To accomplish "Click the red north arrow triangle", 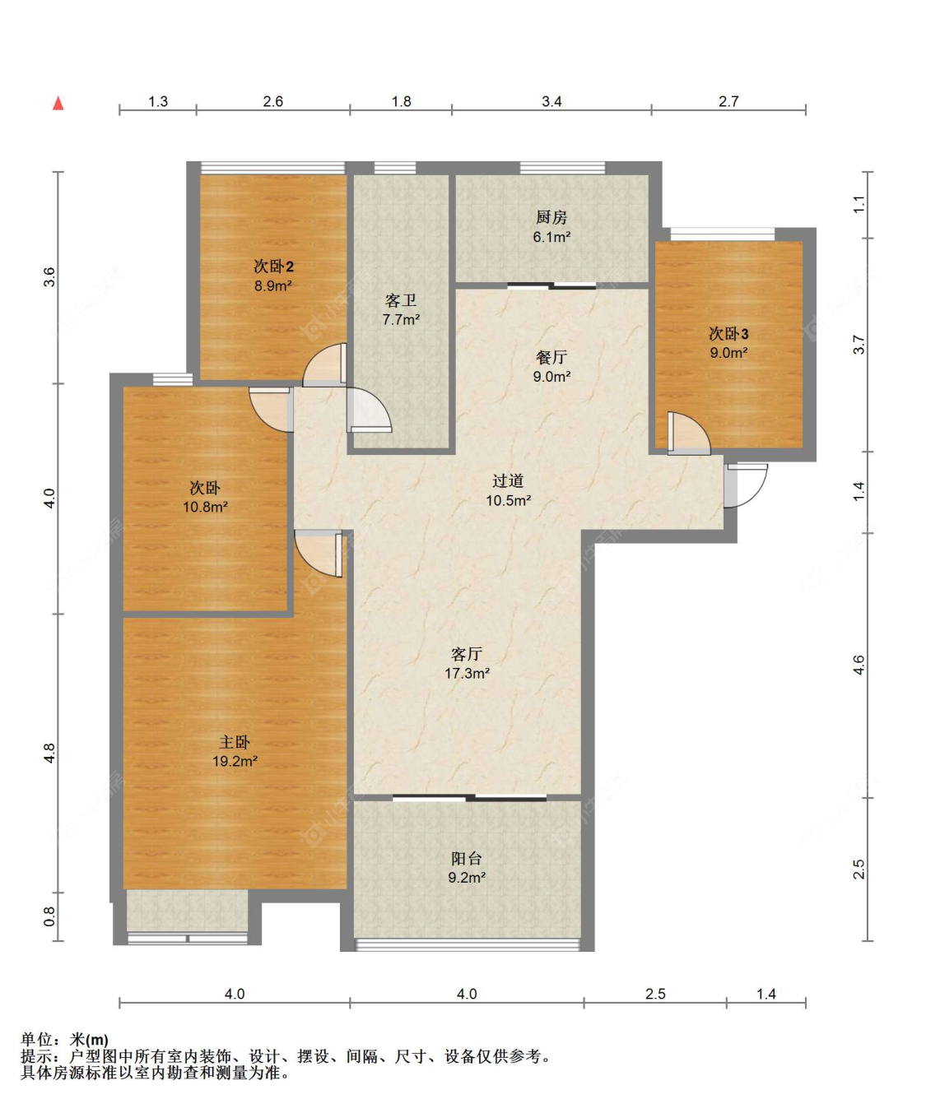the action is coord(58,104).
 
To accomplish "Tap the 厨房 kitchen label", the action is coord(551,217).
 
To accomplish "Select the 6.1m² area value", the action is coord(551,237).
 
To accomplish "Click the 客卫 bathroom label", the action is coord(401,300).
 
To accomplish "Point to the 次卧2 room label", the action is coord(273,266).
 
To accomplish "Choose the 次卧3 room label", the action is coord(728,334).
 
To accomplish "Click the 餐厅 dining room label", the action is coord(551,357).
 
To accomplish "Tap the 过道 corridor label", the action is coord(508,480).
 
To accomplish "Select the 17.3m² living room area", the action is coord(468,673).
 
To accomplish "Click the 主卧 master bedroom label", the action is coord(235,742).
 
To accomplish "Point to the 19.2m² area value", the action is coord(235,761).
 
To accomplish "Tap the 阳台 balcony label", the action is coord(467,858).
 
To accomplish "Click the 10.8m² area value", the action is coord(205,507).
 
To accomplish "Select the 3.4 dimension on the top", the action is coord(551,101).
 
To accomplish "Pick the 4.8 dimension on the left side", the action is coord(49,754).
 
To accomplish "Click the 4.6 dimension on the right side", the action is coord(859,665).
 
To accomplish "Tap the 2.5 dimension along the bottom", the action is coord(655,994).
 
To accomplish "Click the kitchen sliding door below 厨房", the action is coord(551,285).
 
